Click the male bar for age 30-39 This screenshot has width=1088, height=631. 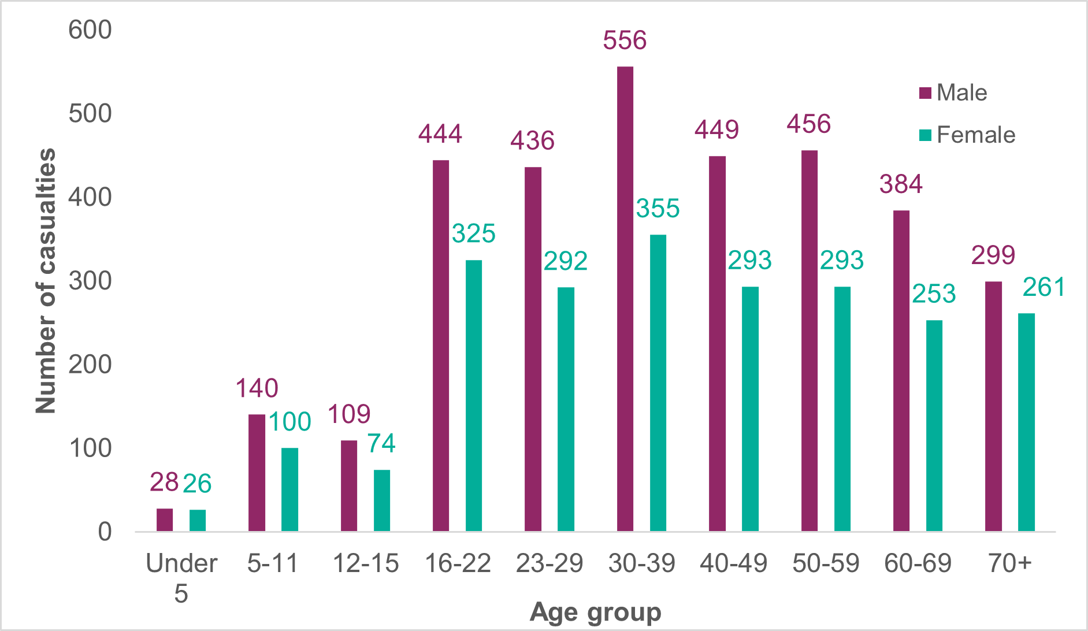click(x=625, y=299)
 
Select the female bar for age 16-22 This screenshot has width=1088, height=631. click(x=474, y=395)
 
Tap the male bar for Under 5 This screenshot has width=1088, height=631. click(x=165, y=519)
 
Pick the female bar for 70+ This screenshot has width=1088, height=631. click(x=1026, y=422)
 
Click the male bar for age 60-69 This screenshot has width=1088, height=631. click(x=901, y=370)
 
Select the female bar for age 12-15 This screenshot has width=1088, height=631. click(x=382, y=500)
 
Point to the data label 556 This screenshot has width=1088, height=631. click(x=625, y=40)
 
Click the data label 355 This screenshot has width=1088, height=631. click(x=658, y=209)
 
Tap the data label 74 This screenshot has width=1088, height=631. click(x=381, y=444)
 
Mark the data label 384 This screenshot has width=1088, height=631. click(x=901, y=184)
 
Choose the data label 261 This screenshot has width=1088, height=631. click(x=1044, y=287)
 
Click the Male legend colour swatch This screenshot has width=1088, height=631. click(x=925, y=93)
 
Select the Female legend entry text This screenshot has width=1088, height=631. click(x=976, y=135)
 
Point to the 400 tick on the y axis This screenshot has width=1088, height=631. click(x=90, y=198)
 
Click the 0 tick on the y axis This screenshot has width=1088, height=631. click(x=105, y=532)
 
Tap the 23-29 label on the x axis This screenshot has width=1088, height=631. click(x=549, y=563)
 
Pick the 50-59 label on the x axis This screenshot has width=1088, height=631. click(x=826, y=563)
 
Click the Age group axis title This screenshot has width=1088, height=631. click(x=595, y=612)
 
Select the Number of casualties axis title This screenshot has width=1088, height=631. click(x=46, y=281)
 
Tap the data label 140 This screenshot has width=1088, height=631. click(x=257, y=388)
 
